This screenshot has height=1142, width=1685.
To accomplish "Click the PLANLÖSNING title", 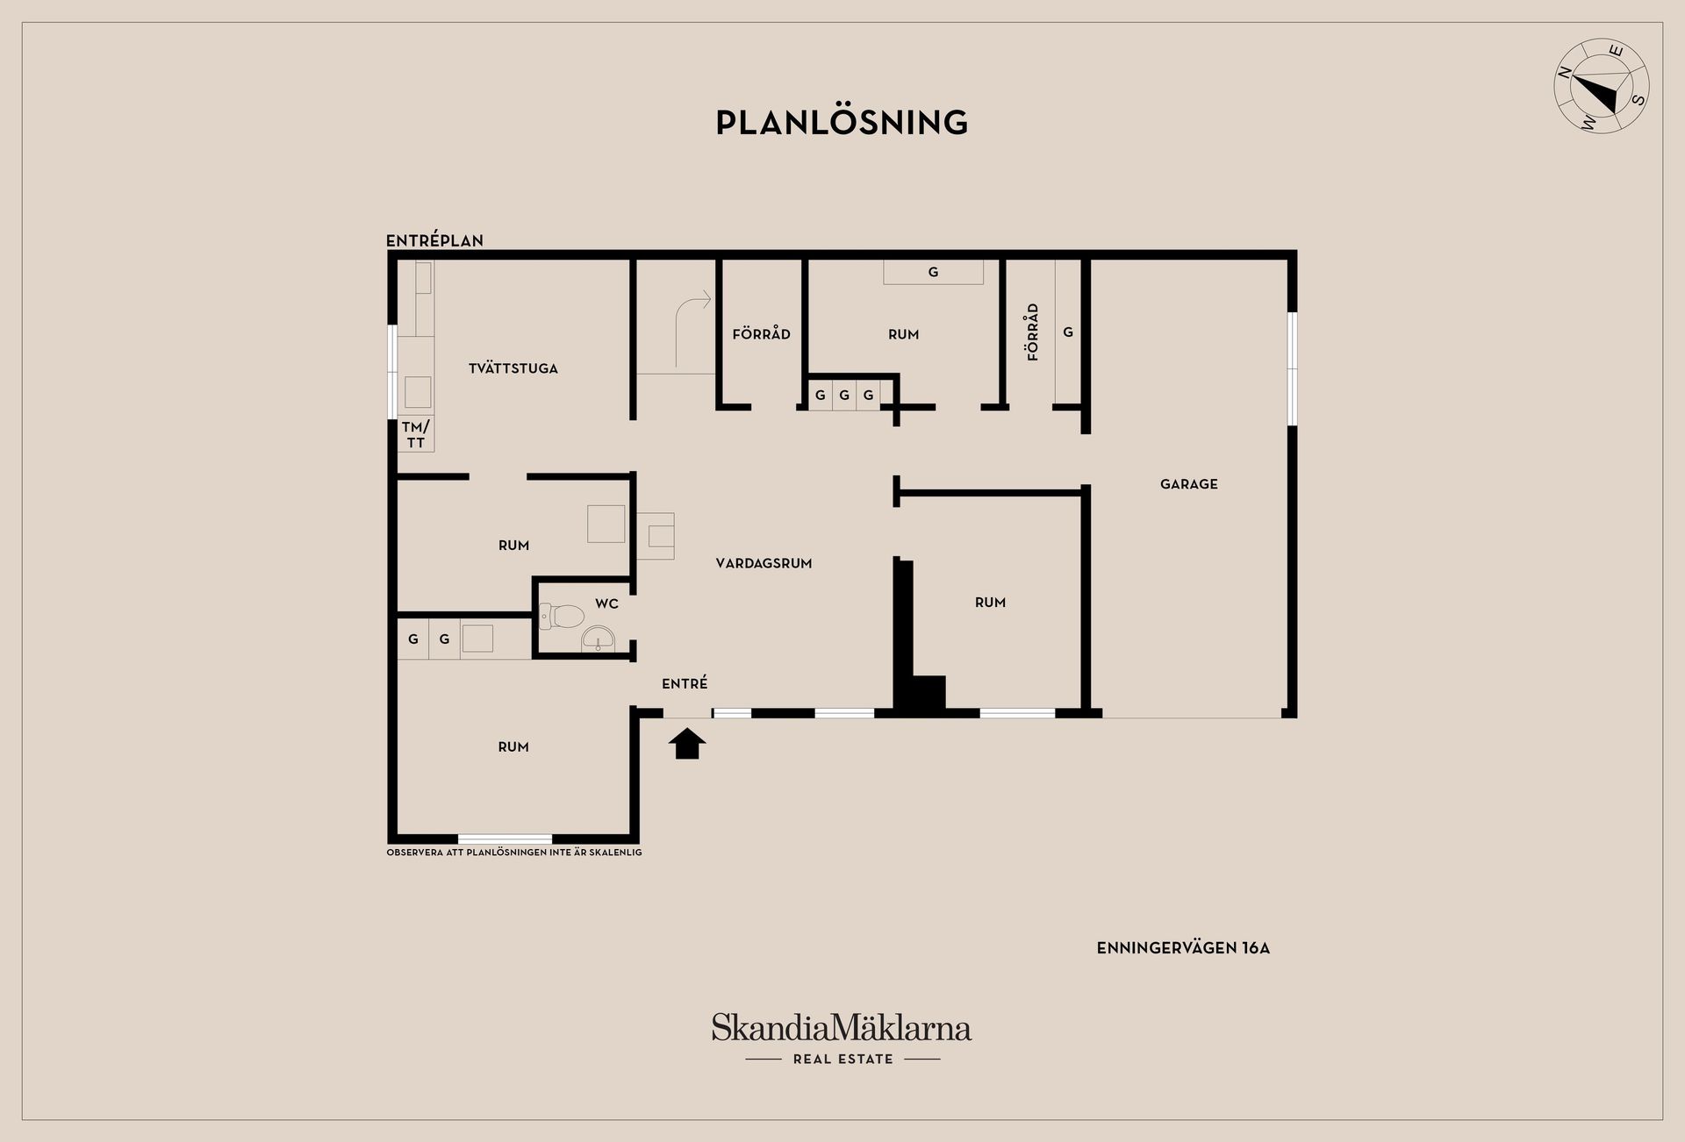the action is coord(842,122).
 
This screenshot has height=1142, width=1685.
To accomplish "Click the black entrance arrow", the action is coord(687,743).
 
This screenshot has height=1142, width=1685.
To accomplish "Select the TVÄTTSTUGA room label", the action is coord(513,368).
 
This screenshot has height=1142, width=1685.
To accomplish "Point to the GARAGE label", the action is coord(1189,484).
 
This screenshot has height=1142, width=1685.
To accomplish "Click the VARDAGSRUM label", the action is coord(764,564).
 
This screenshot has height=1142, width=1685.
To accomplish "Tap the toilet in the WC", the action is coord(562,616).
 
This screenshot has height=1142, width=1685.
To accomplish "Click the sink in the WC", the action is coord(599,639).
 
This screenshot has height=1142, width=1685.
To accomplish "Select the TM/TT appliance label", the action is coord(416,434).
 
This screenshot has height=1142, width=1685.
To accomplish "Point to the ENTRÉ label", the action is coord(685,683).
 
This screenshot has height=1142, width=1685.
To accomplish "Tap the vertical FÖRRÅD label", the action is coord(1033,332).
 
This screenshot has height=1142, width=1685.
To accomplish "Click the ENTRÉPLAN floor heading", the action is coord(434,240).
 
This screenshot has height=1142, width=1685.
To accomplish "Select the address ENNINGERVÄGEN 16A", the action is coord(1183,948).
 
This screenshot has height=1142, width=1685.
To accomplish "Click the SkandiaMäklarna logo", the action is coord(842,1028).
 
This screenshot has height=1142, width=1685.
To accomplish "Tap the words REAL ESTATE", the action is coord(842,1060).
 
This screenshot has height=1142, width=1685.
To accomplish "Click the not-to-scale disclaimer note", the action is coord(514,853).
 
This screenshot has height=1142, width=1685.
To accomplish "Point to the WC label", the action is coord(606,603).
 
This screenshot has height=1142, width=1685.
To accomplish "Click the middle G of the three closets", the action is coord(844,396).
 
